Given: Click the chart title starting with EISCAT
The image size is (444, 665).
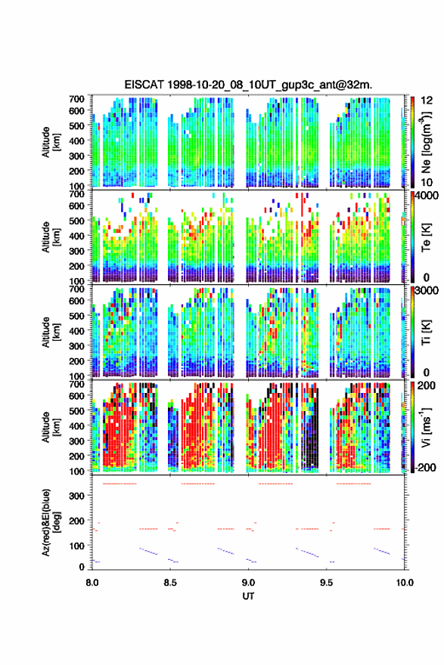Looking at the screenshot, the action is (248, 85).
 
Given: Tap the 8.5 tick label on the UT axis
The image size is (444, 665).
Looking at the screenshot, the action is (170, 583).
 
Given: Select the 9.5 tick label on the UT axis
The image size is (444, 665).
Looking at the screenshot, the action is (327, 583).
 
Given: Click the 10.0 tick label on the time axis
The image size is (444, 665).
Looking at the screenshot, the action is (405, 583).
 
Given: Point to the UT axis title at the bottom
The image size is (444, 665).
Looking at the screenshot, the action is (248, 596).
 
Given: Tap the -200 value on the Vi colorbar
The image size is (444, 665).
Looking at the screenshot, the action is (426, 467).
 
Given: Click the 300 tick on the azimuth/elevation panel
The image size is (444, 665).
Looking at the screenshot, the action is (77, 496).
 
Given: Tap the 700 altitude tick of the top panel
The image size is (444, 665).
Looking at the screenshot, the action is (77, 99).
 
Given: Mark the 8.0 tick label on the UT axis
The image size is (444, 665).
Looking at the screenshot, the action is (92, 583).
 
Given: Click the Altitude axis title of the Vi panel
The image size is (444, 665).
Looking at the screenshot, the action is (51, 427).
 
